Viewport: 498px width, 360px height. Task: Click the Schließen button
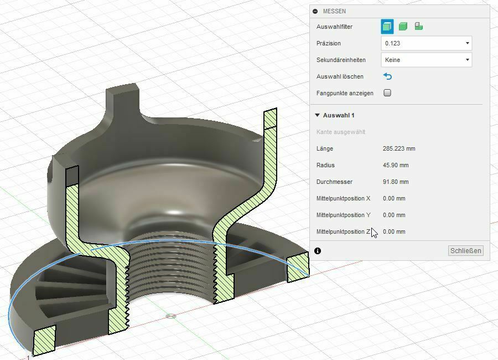466,251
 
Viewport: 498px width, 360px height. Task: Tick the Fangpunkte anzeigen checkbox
387,93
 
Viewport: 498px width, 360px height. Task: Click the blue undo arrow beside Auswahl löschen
387,76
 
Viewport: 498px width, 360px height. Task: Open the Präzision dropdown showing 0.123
426,43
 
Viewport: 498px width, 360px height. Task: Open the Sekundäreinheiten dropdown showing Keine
426,60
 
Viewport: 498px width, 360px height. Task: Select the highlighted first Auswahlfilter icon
387,26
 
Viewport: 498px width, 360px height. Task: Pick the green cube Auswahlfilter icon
403,26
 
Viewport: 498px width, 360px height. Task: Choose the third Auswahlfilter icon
419,26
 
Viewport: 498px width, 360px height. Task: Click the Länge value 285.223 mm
398,148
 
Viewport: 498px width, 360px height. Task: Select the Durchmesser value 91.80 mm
396,182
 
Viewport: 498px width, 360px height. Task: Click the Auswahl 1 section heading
339,115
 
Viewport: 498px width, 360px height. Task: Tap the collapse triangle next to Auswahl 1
318,115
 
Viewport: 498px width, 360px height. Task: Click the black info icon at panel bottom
318,251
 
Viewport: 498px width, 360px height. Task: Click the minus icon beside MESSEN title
315,11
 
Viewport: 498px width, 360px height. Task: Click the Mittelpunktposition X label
343,198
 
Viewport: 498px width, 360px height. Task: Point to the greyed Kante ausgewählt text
341,132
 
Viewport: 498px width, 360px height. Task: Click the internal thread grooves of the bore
172,266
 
